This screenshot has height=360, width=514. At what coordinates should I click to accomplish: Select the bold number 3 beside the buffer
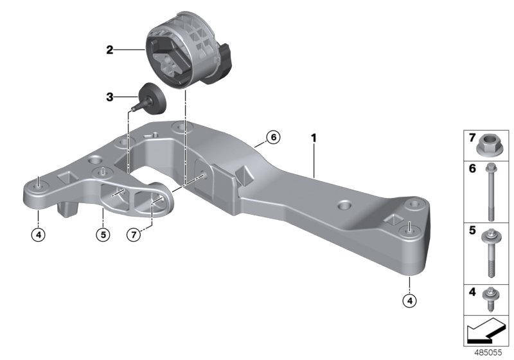pos(110,97)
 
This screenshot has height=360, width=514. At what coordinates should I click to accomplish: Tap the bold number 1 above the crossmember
pos(314,138)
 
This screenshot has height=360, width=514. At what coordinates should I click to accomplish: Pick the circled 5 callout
pos(102,234)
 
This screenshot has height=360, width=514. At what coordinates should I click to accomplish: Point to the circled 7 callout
pos(132,234)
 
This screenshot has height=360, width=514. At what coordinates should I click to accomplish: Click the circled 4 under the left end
pos(39,234)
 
